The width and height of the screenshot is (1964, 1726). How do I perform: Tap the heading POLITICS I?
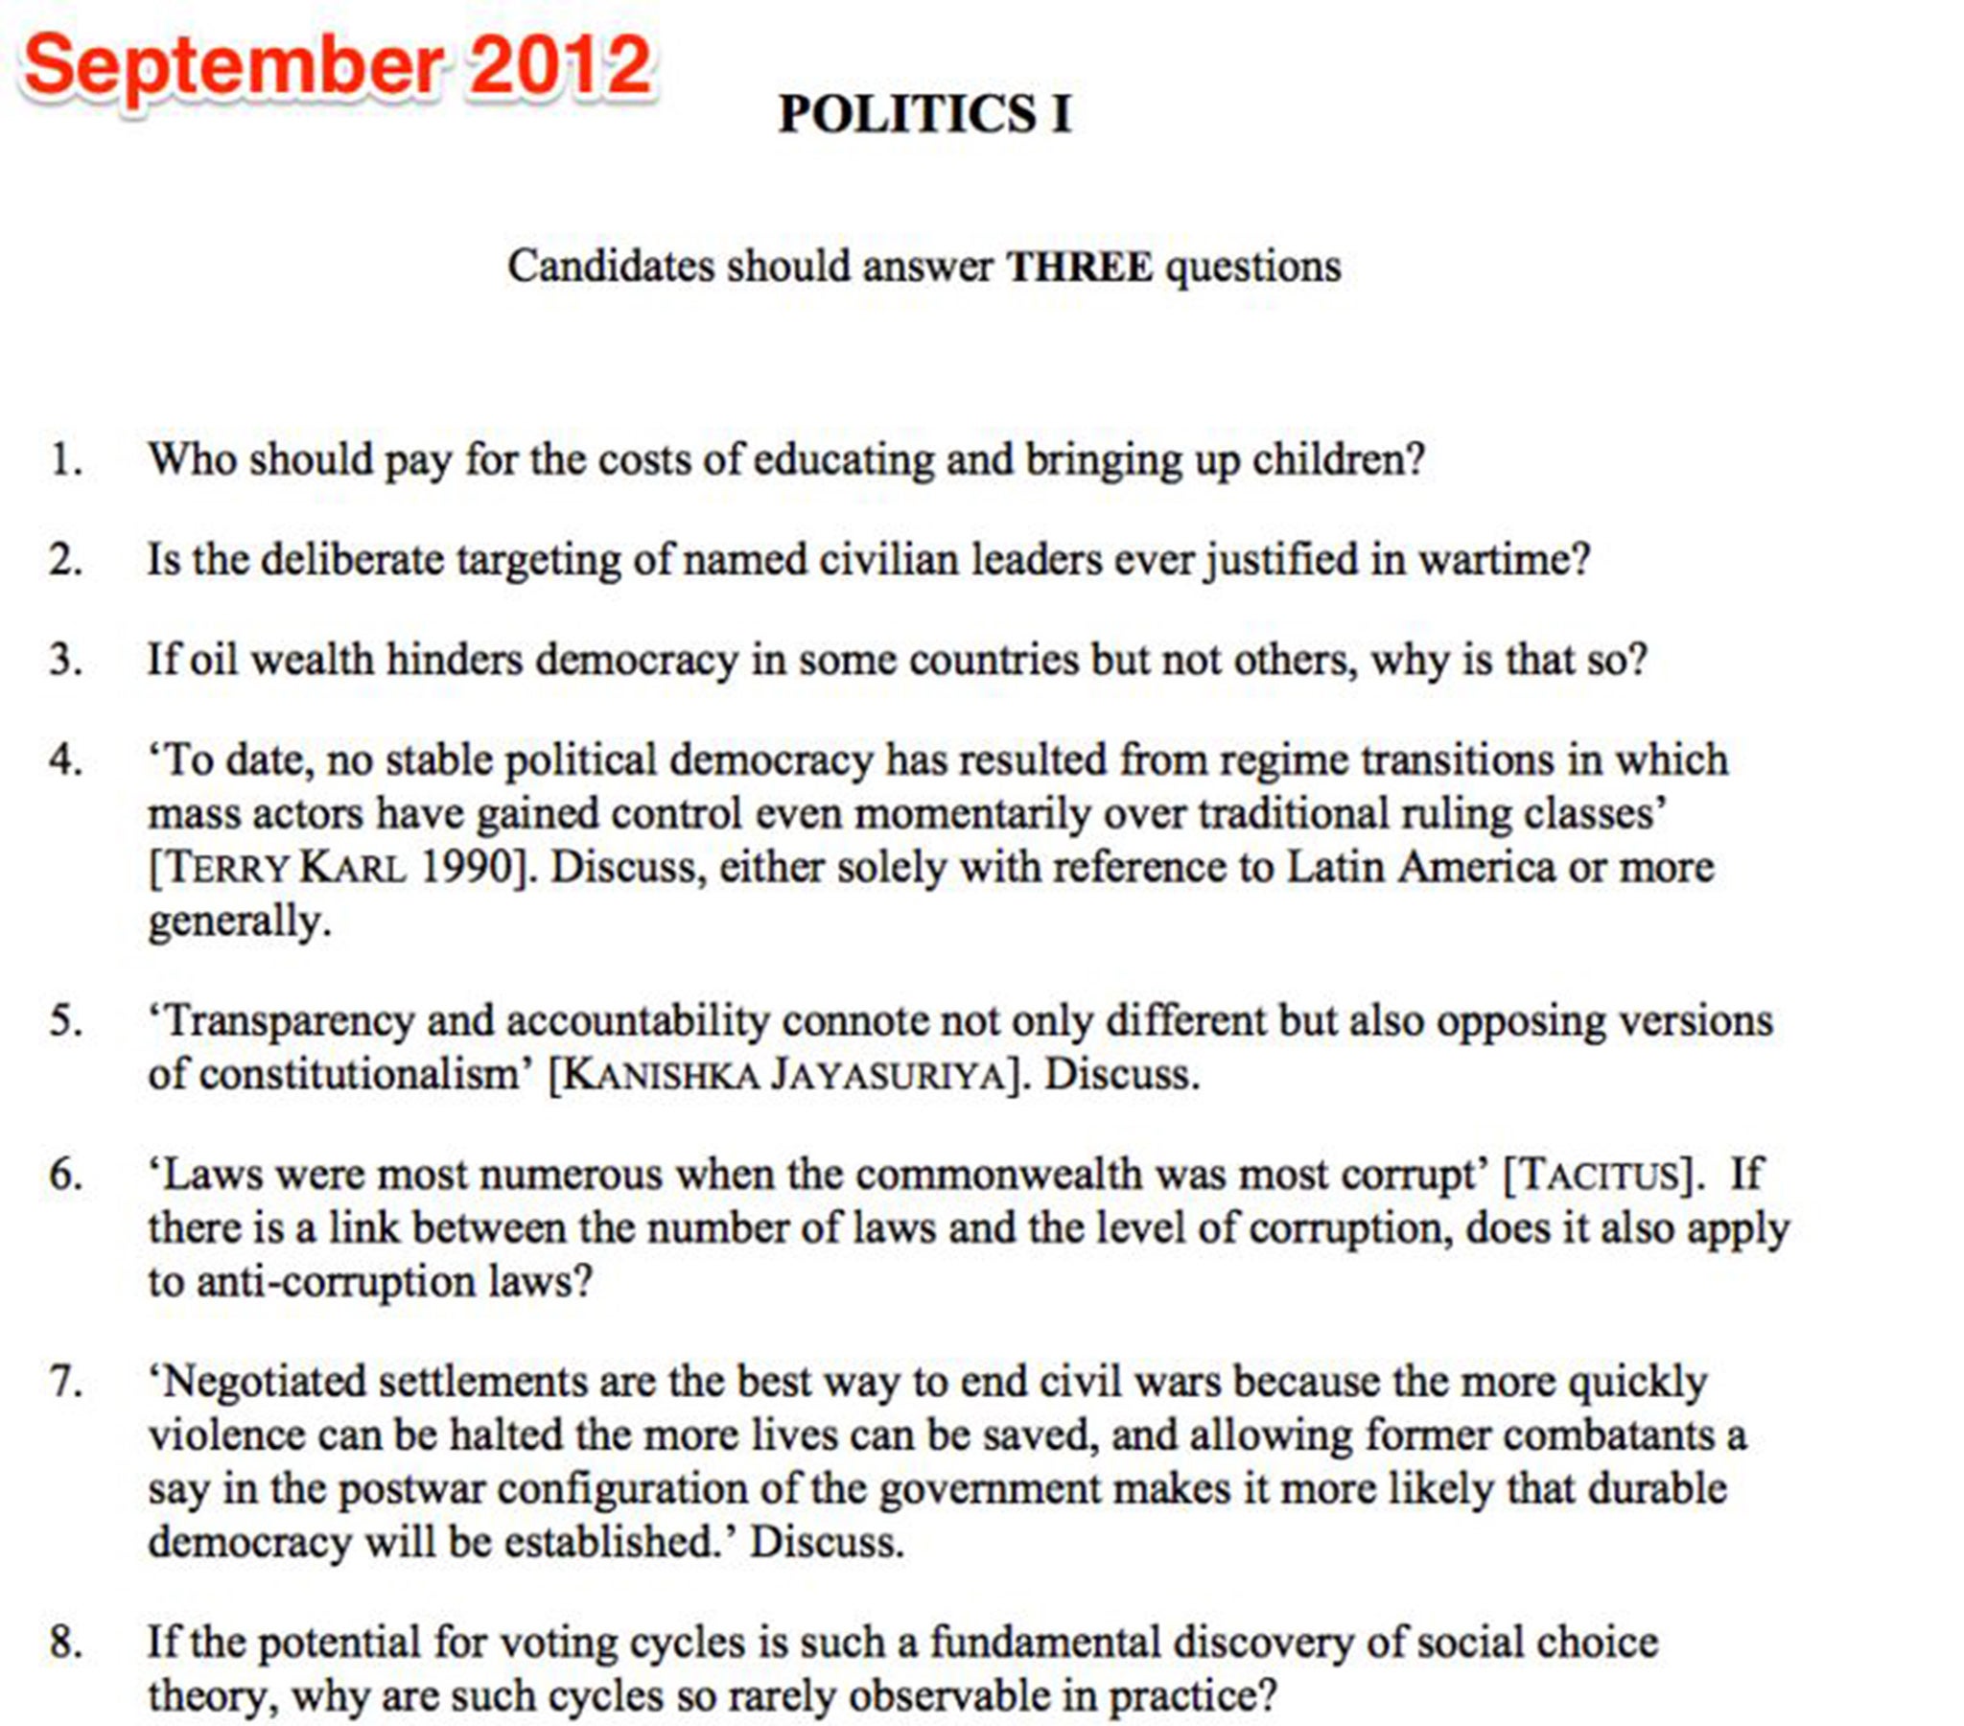924,114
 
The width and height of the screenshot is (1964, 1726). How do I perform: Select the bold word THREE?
1079,267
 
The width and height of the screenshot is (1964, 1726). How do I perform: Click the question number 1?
65,459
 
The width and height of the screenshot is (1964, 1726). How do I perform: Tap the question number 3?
65,660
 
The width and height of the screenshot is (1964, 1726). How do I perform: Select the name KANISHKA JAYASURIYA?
783,1074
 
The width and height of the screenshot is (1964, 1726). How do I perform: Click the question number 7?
65,1381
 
